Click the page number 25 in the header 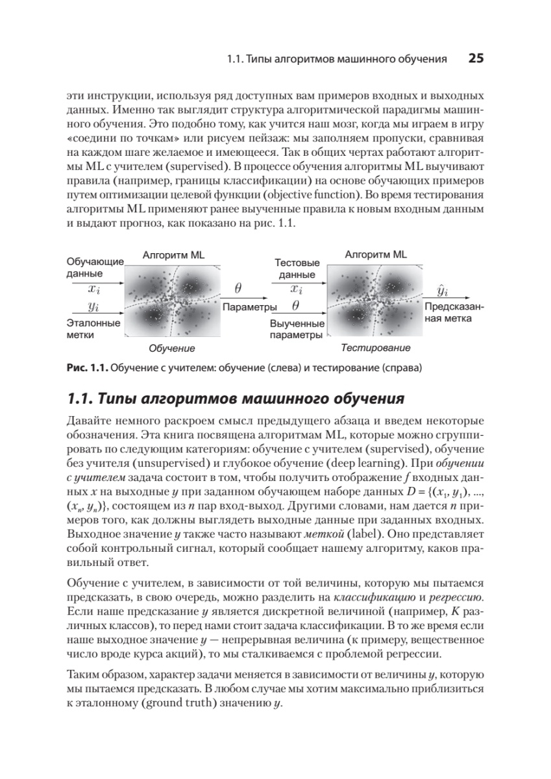pyautogui.click(x=476, y=59)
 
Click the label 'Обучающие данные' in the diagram pyautogui.click(x=95, y=267)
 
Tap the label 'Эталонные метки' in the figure pyautogui.click(x=93, y=328)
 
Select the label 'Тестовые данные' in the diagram pyautogui.click(x=297, y=269)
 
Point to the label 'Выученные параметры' pyautogui.click(x=297, y=329)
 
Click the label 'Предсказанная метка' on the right pyautogui.click(x=454, y=312)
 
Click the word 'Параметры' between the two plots pyautogui.click(x=250, y=306)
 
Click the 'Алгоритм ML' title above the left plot pyautogui.click(x=173, y=255)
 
